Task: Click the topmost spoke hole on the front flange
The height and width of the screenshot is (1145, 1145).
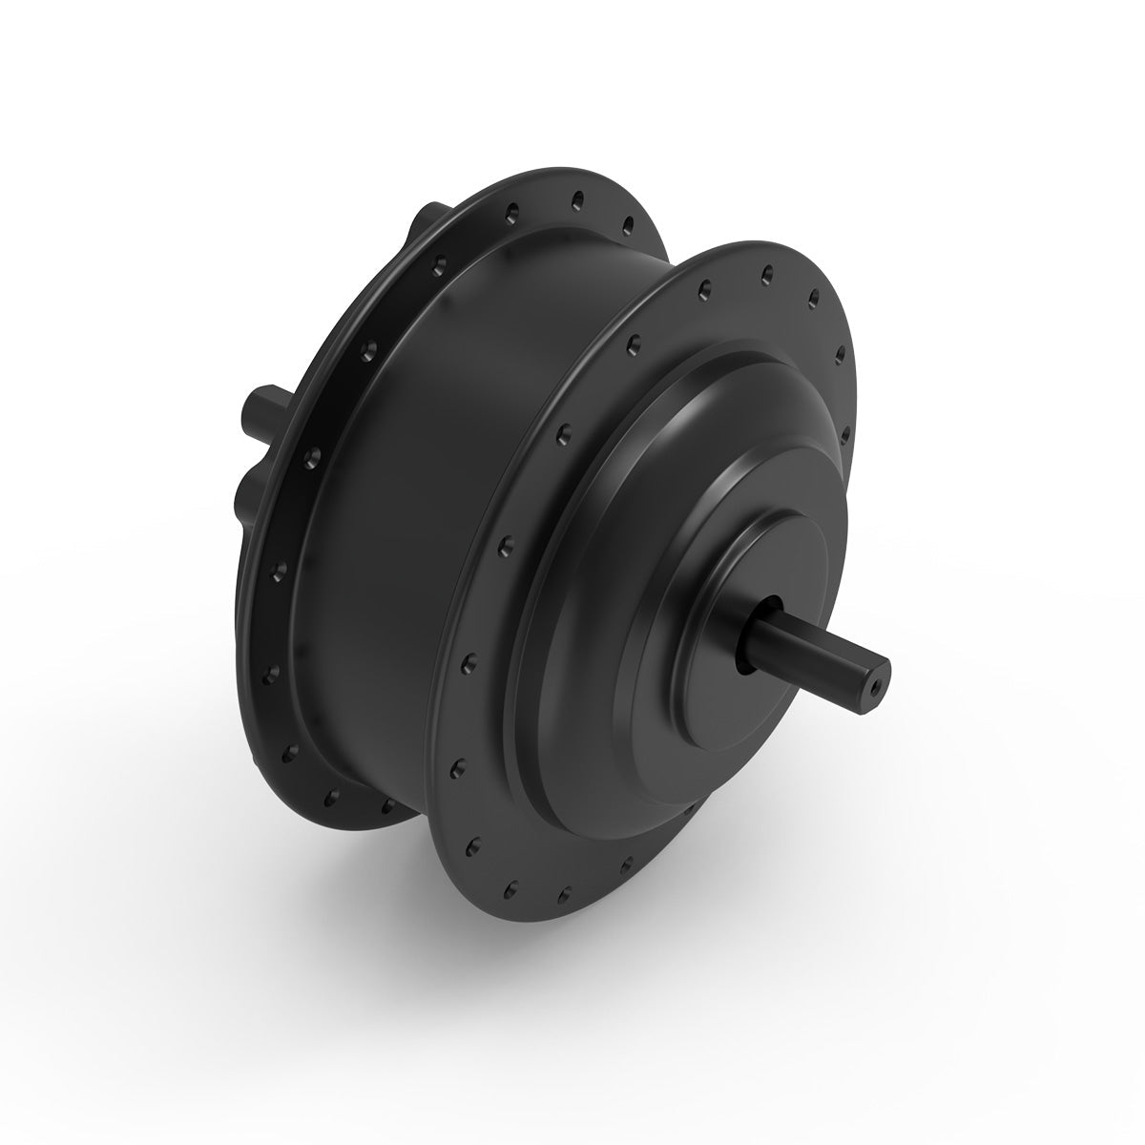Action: [x=764, y=274]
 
